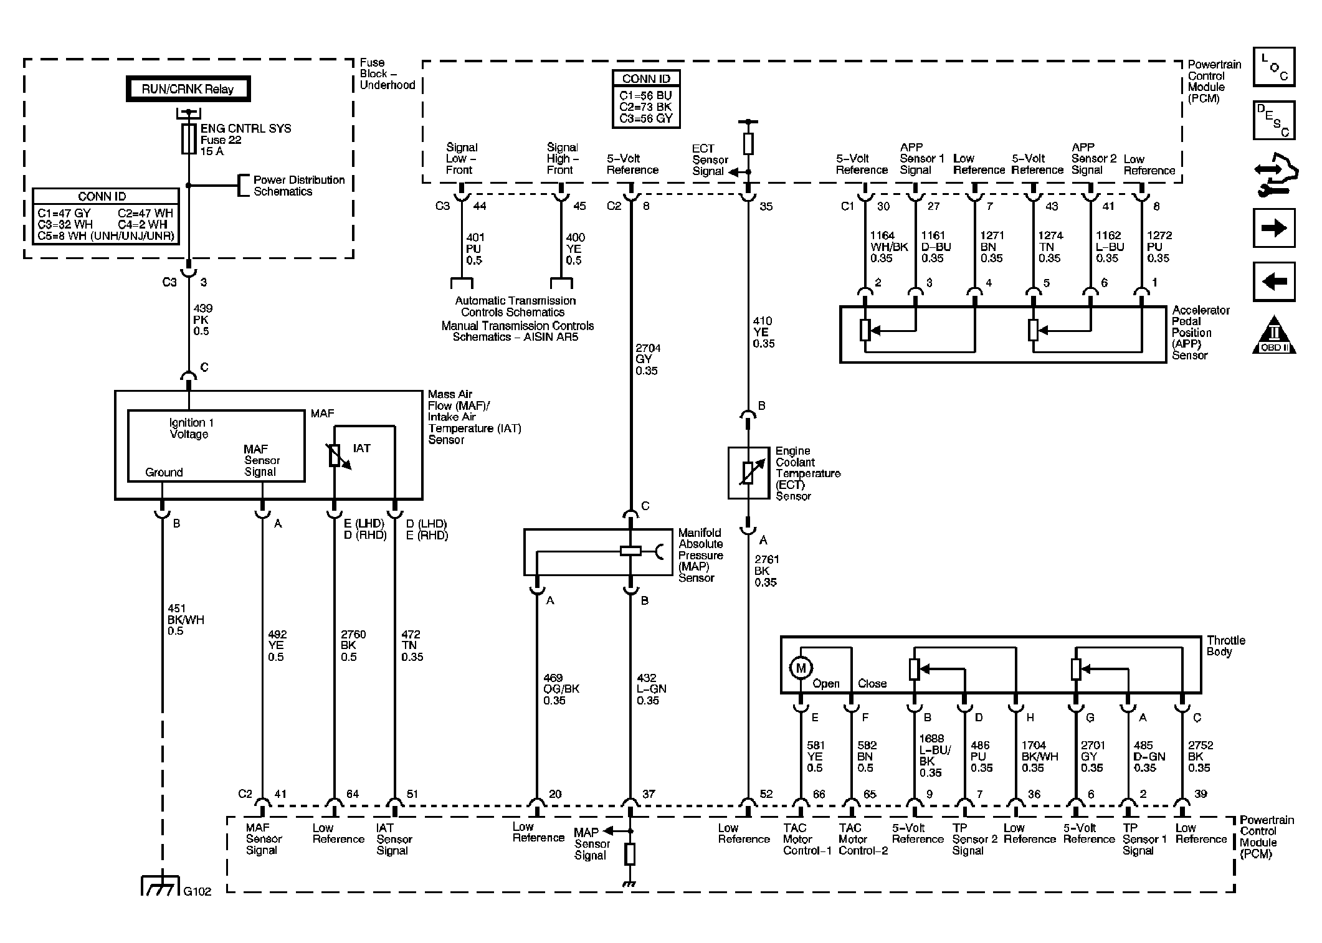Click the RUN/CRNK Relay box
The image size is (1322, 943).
pos(188,89)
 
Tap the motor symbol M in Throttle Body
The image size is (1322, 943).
pos(801,668)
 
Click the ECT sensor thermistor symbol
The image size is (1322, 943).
pos(748,473)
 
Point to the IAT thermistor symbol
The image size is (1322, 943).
pos(336,456)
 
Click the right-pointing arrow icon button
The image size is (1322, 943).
pos(1274,227)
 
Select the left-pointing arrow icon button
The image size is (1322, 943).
pos(1274,282)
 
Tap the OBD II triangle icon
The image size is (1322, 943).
pos(1274,335)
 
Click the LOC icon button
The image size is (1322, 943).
pos(1274,67)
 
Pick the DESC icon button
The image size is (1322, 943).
pos(1274,120)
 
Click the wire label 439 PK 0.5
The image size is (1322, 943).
pos(202,320)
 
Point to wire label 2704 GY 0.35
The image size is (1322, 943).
pos(647,359)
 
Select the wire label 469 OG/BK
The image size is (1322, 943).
pos(554,689)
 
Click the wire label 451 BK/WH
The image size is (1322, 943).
pos(185,620)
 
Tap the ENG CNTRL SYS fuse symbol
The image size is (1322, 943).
pos(189,139)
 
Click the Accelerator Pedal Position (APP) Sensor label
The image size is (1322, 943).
pos(1201,333)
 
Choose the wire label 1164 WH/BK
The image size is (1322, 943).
pos(888,247)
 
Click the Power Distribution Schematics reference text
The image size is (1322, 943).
pos(299,186)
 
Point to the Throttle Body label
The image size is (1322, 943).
pos(1225,646)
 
